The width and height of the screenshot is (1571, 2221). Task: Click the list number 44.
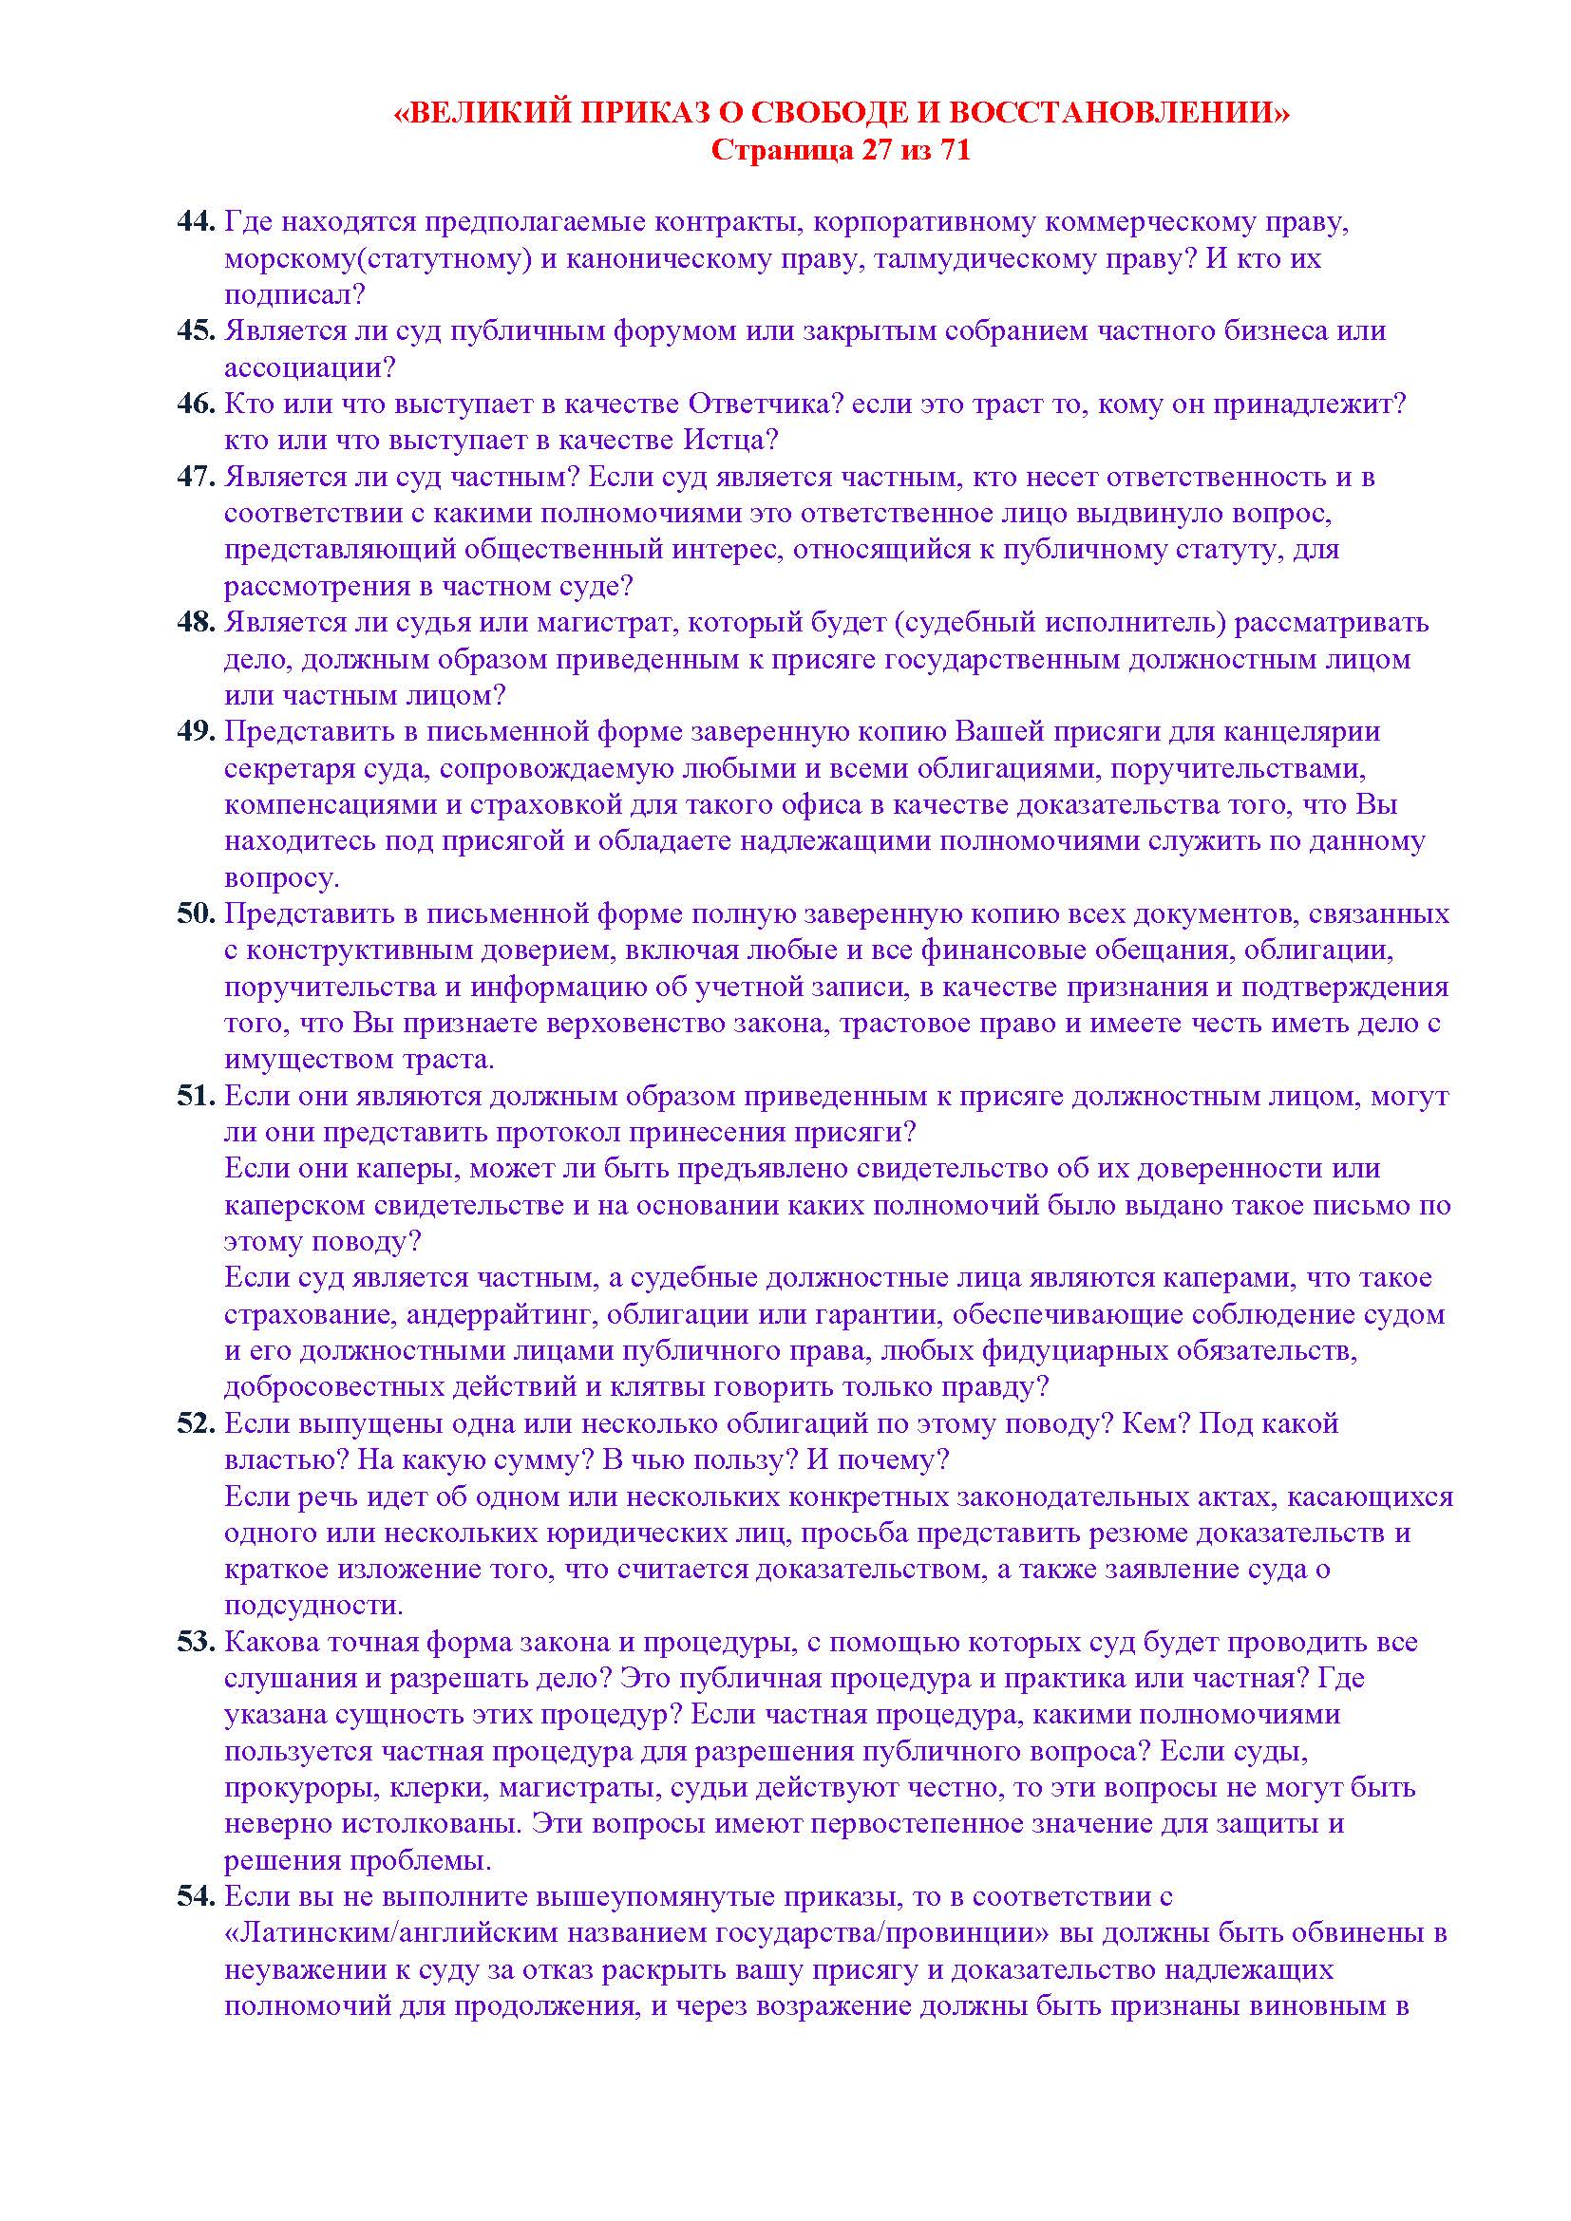click(195, 221)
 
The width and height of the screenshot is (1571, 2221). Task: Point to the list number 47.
click(195, 477)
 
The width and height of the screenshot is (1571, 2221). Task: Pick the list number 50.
click(195, 913)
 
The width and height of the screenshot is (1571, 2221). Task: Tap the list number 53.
click(195, 1642)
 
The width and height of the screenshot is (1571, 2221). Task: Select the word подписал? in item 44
click(294, 295)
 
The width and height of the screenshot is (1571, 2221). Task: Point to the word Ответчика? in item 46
click(766, 404)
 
